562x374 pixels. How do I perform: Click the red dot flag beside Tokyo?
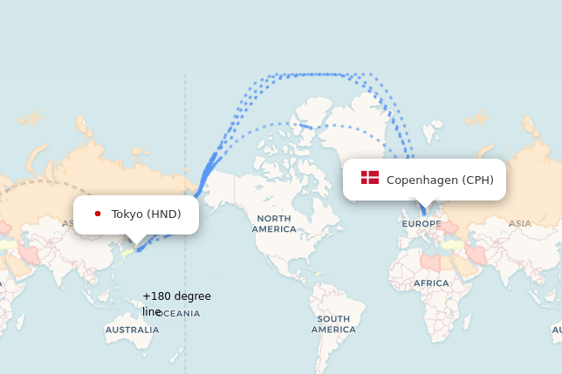pos(98,214)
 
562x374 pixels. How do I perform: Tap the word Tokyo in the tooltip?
pos(127,214)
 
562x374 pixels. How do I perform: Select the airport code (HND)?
pos(164,214)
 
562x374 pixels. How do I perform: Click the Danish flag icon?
pos(370,178)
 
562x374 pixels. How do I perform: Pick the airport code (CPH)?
pos(477,180)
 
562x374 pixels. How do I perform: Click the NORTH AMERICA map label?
pos(273,223)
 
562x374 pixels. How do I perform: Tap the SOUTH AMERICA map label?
pos(333,324)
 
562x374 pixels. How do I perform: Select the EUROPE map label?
pos(421,224)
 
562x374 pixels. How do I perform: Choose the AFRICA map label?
pos(431,283)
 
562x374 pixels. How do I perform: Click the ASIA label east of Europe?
pos(519,223)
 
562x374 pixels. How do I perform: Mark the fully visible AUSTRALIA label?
pos(132,330)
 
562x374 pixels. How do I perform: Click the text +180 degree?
pos(176,296)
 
